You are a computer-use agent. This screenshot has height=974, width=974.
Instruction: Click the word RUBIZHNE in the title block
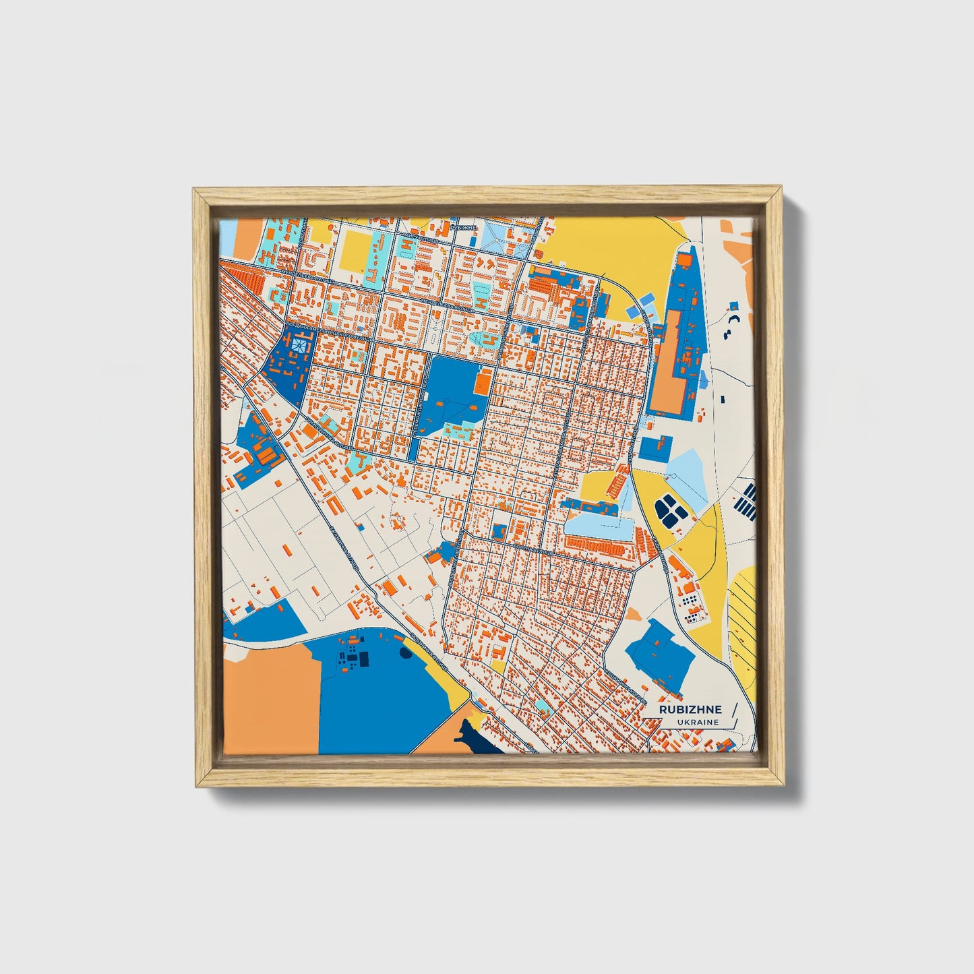690,709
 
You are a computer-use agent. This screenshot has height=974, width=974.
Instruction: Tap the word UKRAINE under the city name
698,722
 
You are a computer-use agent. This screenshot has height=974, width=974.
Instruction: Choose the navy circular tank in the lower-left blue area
405,652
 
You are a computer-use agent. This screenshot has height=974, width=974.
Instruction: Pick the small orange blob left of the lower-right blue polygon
633,614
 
